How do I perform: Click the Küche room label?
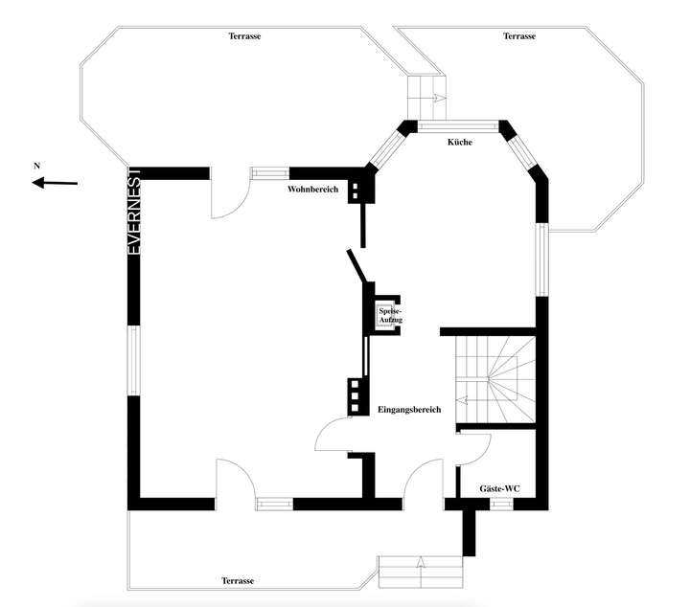[x=458, y=143]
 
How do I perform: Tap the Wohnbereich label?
[x=314, y=190]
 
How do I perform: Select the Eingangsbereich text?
[x=409, y=410]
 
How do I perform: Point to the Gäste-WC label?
[x=499, y=489]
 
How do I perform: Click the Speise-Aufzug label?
[x=390, y=315]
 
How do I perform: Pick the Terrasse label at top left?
[x=245, y=36]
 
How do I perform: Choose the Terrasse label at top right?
[x=519, y=36]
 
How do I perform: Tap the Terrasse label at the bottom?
[x=238, y=581]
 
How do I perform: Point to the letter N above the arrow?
[x=37, y=166]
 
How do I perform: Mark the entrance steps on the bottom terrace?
[x=422, y=572]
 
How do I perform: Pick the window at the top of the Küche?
[x=458, y=124]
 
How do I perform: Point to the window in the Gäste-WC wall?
[x=500, y=505]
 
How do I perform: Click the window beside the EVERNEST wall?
[x=135, y=359]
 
